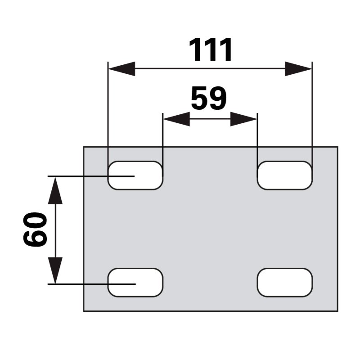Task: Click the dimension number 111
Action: (x=210, y=50)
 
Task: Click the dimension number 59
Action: (x=209, y=98)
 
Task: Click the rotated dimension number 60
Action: (x=35, y=229)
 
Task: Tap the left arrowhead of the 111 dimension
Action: (x=121, y=69)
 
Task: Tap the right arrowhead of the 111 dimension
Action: (x=298, y=69)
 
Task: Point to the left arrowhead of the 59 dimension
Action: (x=176, y=119)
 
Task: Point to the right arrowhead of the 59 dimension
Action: (x=243, y=119)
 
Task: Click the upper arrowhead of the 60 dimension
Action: (x=55, y=190)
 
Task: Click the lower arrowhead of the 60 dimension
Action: (x=55, y=270)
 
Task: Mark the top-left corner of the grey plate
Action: (x=84, y=147)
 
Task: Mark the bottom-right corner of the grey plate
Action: (x=338, y=311)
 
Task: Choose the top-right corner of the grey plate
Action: (x=338, y=147)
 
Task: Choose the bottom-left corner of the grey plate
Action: (x=84, y=311)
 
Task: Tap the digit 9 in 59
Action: (x=218, y=98)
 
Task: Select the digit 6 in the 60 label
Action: (x=35, y=238)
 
